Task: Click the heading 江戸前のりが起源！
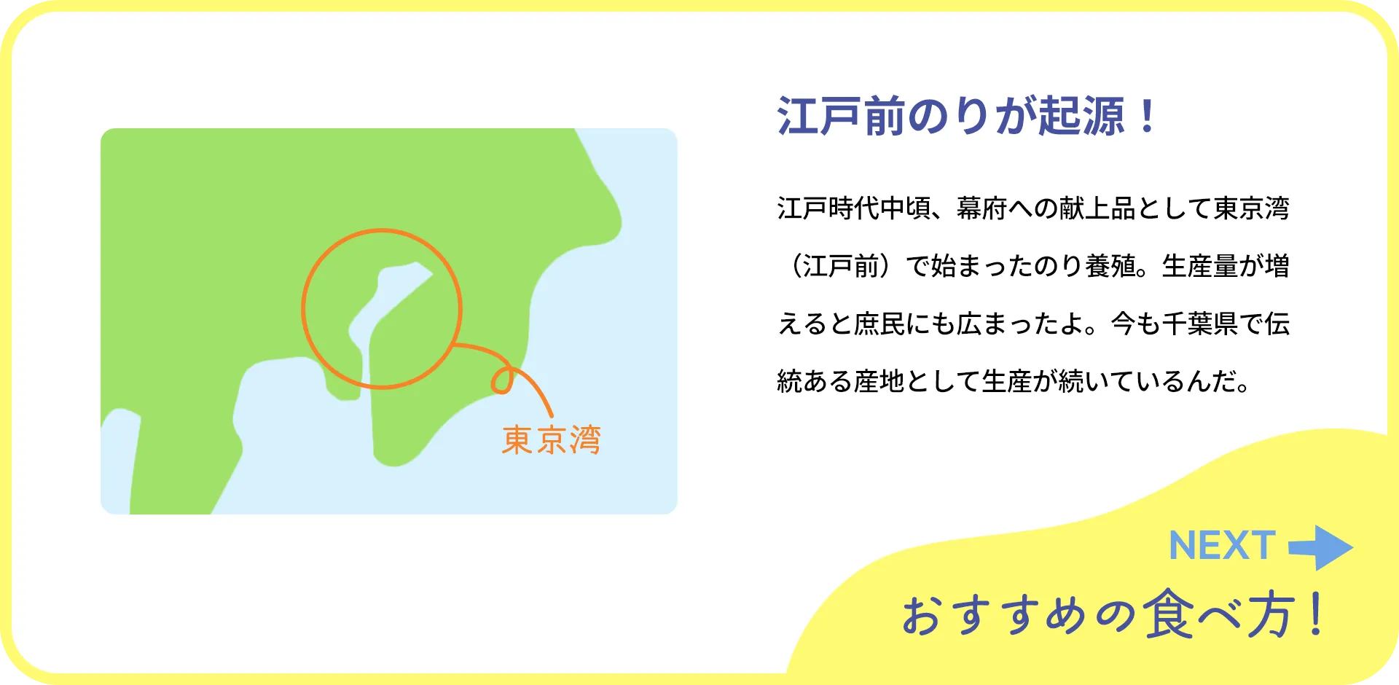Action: (966, 117)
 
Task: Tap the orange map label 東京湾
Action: (552, 440)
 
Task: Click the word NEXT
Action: (1222, 546)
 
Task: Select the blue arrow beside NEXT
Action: (1320, 547)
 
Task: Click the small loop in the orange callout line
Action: (502, 380)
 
